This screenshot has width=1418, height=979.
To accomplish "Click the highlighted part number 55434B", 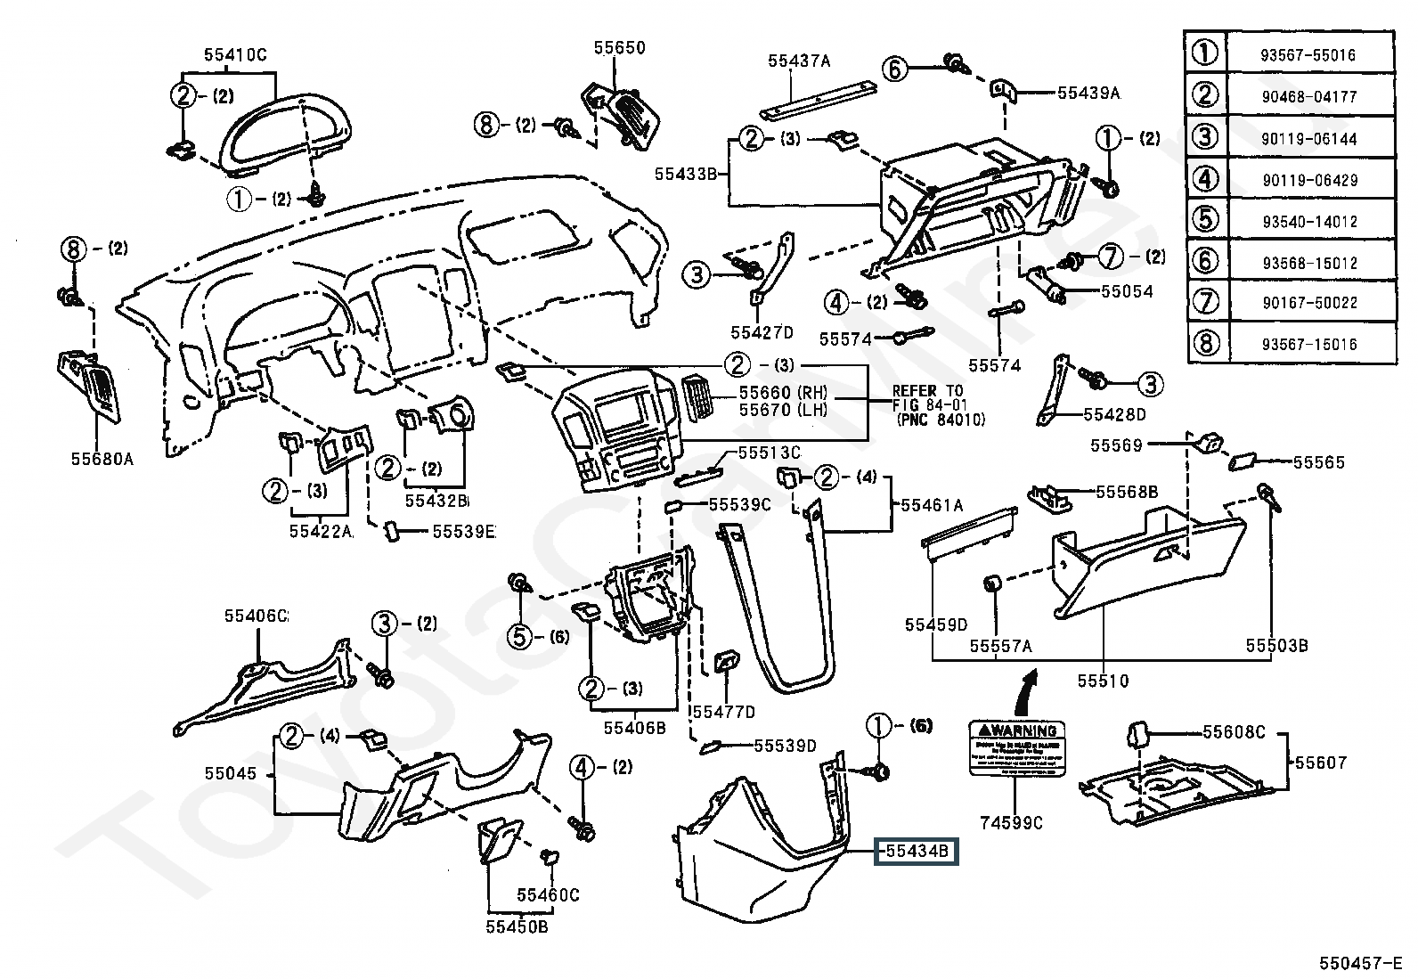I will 917,853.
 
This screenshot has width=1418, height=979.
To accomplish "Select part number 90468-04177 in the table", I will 1308,96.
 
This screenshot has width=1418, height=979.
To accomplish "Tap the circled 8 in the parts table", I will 1205,343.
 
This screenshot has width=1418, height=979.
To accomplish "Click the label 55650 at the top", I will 620,47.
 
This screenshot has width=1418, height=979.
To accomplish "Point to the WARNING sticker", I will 1017,747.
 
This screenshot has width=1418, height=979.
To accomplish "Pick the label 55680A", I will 102,459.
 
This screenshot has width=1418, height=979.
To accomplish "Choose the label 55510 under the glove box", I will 1103,681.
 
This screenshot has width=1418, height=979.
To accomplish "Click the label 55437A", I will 799,61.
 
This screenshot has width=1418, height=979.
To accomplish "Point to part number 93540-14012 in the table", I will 1308,221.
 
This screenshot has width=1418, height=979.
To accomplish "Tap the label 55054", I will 1127,291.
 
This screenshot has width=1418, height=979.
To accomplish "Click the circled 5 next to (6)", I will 520,636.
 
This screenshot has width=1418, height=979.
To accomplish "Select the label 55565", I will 1318,462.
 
